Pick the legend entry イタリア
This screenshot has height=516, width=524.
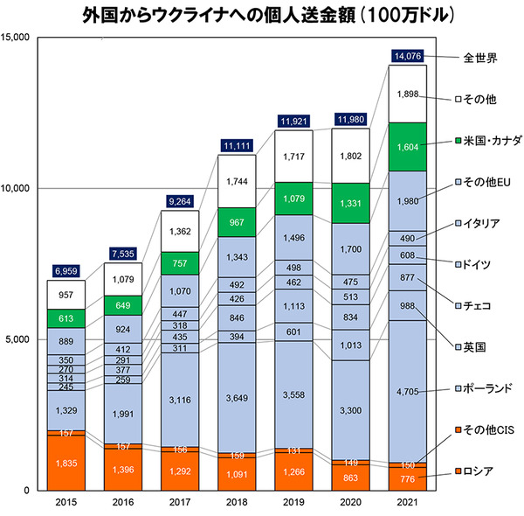tap(479, 223)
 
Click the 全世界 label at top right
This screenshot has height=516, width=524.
tap(480, 59)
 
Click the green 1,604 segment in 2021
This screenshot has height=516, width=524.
tap(410, 148)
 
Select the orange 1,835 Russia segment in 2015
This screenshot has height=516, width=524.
tap(67, 463)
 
